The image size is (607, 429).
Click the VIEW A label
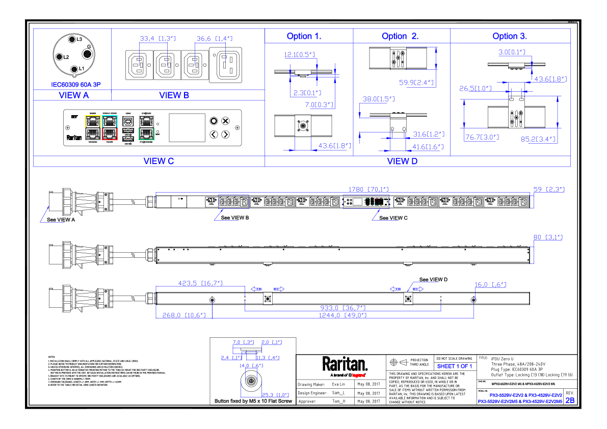[x=73, y=95]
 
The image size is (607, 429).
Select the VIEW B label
[x=174, y=95]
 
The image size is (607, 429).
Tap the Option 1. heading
[x=304, y=37]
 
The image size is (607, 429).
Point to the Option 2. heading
[x=400, y=37]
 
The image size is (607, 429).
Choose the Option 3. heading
[x=510, y=37]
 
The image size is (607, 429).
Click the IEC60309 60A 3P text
[x=76, y=85]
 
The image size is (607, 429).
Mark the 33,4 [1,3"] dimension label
[x=157, y=39]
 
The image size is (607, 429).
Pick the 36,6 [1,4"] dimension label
[x=214, y=39]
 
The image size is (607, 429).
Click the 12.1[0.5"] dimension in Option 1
[x=299, y=55]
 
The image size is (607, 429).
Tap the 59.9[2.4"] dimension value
[x=417, y=83]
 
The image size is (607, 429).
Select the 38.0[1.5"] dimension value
[x=378, y=99]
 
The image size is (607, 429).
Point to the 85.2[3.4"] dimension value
[x=538, y=139]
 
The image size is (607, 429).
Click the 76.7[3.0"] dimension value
[x=482, y=137]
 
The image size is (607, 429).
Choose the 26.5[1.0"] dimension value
[x=475, y=89]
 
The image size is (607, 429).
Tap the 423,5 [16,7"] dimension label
[x=200, y=283]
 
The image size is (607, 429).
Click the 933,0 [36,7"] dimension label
[x=343, y=308]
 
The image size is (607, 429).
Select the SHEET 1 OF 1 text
[x=455, y=366]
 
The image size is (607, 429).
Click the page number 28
[x=570, y=400]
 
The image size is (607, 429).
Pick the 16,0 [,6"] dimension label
[x=490, y=285]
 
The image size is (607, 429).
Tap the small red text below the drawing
[x=358, y=376]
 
